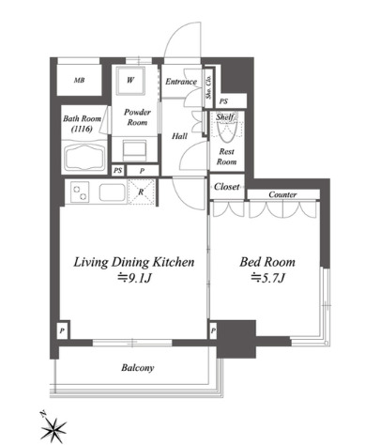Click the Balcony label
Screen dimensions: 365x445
click(x=138, y=368)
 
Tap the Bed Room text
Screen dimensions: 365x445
click(x=267, y=262)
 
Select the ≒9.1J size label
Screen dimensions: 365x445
click(x=134, y=278)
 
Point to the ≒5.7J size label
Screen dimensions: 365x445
click(x=267, y=278)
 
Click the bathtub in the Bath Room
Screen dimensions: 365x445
click(x=84, y=157)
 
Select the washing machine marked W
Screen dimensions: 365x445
click(x=130, y=81)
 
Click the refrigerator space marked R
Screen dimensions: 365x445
click(x=142, y=192)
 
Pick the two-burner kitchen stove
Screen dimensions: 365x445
click(x=80, y=192)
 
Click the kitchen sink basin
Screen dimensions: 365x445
click(x=113, y=192)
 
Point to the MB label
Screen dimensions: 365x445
click(x=79, y=81)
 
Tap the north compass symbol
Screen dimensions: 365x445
click(x=53, y=427)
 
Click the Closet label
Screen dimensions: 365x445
click(x=227, y=187)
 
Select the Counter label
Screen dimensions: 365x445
click(x=282, y=194)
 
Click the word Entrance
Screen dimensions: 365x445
click(x=181, y=82)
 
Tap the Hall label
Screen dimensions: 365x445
click(x=179, y=136)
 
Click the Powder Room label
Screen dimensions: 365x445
click(x=137, y=117)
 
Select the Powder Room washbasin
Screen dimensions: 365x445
click(x=134, y=150)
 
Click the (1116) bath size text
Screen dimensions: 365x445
click(x=82, y=129)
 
